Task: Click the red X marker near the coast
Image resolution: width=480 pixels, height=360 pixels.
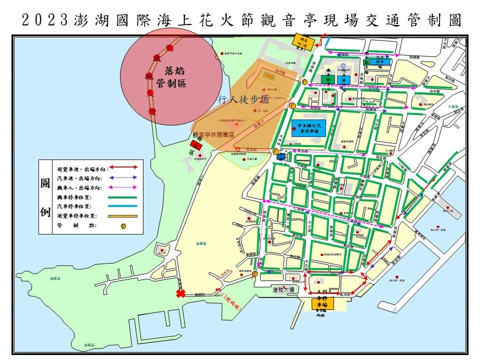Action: [x=179, y=294]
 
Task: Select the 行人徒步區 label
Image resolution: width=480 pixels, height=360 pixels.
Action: [x=244, y=100]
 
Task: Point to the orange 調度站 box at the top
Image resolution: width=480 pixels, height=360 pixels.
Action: [x=304, y=41]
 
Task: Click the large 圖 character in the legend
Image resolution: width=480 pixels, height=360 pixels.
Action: [x=45, y=183]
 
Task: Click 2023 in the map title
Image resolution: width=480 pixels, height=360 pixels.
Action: [x=44, y=20]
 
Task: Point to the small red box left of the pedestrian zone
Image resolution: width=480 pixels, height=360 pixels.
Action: [x=196, y=145]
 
